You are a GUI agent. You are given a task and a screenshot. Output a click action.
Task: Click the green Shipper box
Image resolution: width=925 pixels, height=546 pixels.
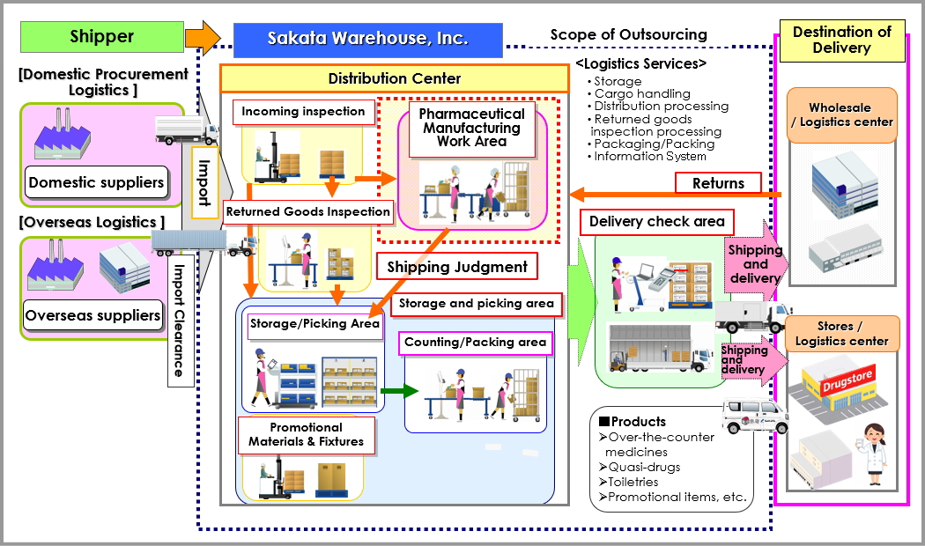[102, 37]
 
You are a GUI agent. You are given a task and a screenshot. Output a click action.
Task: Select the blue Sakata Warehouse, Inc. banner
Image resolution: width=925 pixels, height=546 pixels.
[368, 40]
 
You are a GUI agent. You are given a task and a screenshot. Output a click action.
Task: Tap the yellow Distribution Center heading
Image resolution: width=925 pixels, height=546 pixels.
[395, 78]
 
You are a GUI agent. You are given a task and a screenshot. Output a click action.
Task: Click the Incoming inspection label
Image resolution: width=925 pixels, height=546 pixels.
[304, 112]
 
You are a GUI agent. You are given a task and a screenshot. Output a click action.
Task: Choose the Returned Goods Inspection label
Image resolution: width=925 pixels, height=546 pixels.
[308, 212]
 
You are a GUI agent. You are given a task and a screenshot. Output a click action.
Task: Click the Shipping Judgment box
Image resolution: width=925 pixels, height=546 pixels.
[457, 267]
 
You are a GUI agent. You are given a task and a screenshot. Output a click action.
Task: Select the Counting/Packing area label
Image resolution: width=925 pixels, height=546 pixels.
[476, 343]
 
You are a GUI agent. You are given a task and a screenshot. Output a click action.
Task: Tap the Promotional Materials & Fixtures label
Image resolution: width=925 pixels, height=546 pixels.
[307, 435]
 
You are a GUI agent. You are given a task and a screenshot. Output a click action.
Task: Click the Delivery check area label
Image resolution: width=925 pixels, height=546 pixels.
[657, 222]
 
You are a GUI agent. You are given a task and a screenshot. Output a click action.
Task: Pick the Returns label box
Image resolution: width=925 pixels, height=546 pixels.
[719, 183]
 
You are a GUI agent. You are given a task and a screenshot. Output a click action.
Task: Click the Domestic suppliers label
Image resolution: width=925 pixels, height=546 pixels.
[96, 183]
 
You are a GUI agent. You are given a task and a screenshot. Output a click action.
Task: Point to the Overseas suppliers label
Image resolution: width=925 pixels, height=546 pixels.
[92, 315]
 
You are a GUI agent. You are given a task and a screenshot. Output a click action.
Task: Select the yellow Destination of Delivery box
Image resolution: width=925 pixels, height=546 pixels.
[842, 41]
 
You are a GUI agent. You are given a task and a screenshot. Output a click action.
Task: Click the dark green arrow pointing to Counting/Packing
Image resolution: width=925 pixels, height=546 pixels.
[399, 390]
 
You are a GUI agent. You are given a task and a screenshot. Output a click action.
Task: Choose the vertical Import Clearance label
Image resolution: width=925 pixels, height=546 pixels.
[180, 321]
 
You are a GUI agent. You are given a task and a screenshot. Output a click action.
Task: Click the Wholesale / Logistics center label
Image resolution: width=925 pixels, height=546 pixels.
[842, 115]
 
